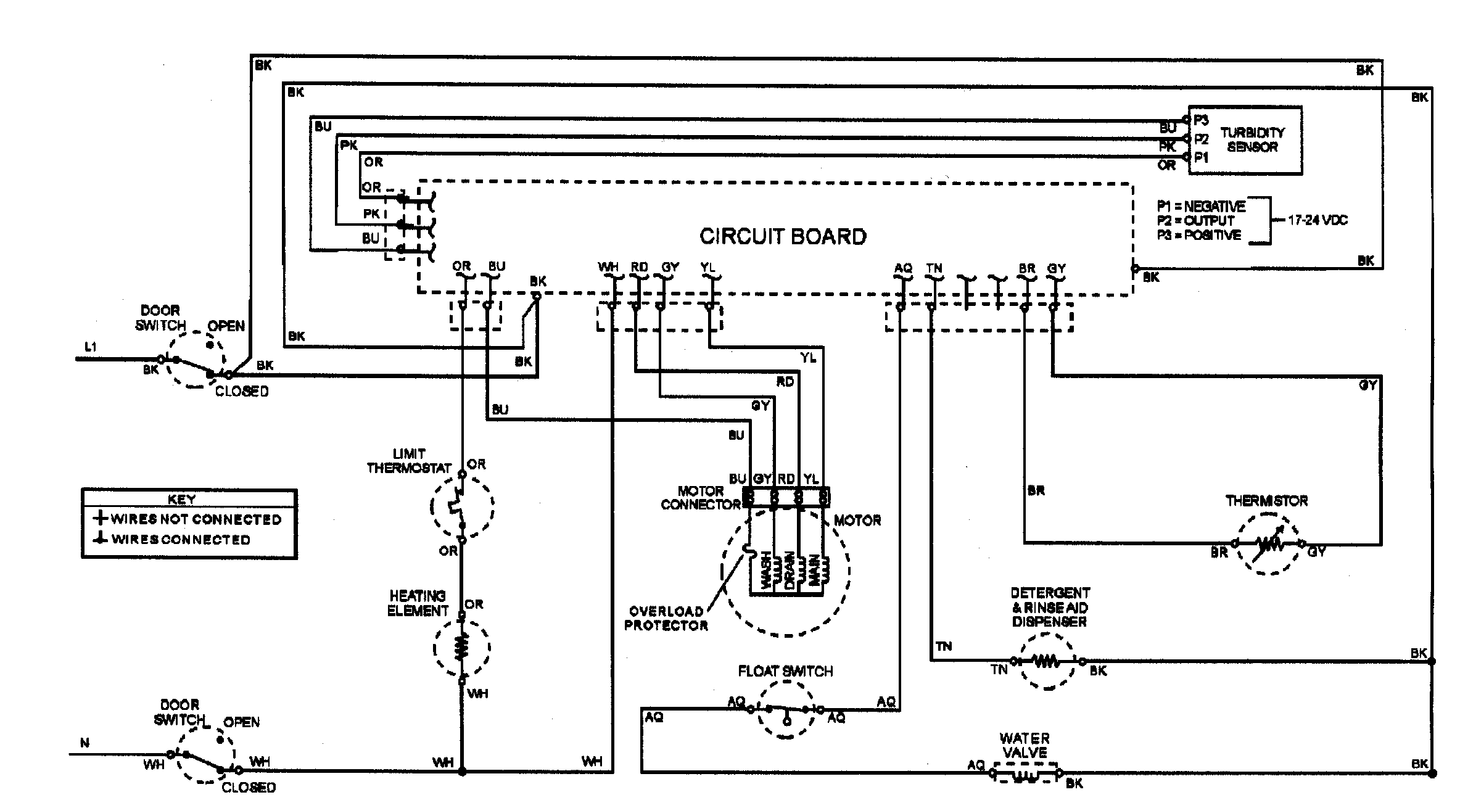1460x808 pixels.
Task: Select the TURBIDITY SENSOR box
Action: coord(1245,140)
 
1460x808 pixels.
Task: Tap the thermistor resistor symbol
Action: coord(1268,544)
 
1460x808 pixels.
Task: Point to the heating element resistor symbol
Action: coord(461,647)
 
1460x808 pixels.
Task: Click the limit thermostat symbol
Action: coord(461,507)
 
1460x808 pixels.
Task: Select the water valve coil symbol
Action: coord(1025,772)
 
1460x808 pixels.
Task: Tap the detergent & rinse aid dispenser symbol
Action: coord(1047,661)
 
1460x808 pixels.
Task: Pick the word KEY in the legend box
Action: coord(181,499)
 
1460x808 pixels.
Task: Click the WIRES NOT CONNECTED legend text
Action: coord(196,519)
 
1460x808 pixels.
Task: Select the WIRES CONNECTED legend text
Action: coord(180,540)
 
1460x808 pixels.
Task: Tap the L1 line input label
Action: coord(91,347)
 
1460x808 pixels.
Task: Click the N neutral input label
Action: coord(85,743)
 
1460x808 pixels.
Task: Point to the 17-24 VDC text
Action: coord(1317,220)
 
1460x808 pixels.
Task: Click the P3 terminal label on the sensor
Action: coord(1201,120)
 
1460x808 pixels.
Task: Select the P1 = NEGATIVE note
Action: coord(1200,206)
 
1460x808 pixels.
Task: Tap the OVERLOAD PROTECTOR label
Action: coord(666,618)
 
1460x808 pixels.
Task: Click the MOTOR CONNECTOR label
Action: coord(700,498)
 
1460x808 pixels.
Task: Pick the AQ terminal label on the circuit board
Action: coord(902,268)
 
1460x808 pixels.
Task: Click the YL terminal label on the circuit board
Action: coord(707,267)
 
